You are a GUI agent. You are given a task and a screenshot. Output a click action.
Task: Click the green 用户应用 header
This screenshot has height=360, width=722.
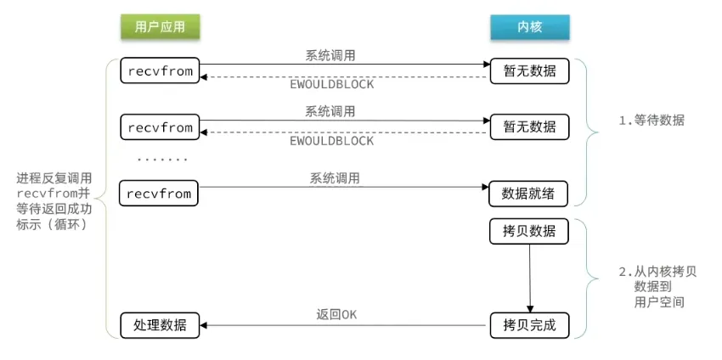(160, 26)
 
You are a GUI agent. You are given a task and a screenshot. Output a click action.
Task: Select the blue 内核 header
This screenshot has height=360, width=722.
(529, 26)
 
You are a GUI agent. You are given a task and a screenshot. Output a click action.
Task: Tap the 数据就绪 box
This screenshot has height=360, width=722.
(528, 194)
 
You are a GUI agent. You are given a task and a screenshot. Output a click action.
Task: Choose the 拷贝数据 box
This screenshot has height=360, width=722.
(528, 232)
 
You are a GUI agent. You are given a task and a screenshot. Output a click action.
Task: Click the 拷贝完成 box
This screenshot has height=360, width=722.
(529, 325)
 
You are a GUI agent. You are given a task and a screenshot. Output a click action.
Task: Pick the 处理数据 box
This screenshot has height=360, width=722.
(160, 325)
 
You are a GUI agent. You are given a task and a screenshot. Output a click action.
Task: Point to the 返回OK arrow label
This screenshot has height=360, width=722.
(336, 315)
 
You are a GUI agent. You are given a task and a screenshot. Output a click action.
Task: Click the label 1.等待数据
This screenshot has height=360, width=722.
(651, 121)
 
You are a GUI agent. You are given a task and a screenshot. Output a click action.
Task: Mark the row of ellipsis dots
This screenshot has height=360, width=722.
(162, 160)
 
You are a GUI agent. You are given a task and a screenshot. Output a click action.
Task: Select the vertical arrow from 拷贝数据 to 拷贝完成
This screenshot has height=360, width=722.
(529, 278)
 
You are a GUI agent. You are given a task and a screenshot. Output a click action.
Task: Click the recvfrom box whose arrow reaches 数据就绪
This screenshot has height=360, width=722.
(159, 194)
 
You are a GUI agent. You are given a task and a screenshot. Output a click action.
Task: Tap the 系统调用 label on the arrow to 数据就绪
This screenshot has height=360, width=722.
(335, 178)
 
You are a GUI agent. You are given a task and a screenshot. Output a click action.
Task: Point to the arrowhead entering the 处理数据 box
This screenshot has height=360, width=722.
(203, 325)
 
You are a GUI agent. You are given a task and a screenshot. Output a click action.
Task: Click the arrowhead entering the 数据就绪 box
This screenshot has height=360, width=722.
(485, 187)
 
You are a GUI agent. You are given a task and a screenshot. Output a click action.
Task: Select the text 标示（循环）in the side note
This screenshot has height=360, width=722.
(52, 226)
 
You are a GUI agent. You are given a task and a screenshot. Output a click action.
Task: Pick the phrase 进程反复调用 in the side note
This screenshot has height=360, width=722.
(54, 177)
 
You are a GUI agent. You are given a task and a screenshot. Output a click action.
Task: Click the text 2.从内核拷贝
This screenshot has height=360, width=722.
(657, 272)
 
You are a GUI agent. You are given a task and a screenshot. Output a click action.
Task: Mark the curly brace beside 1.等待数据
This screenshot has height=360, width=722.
(591, 132)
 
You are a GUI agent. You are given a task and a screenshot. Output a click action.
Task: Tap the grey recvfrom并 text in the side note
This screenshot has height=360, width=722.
(54, 194)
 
